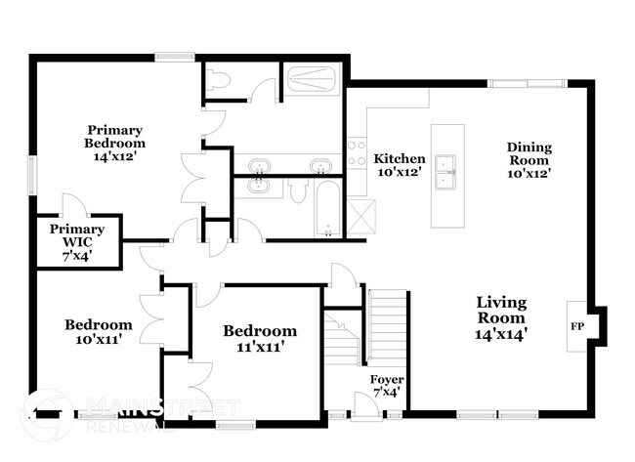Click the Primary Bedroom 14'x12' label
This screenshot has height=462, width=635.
click(114, 143)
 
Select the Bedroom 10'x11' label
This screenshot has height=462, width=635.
click(98, 332)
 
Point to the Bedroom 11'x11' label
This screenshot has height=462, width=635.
click(259, 338)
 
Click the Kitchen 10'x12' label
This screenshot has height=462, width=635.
click(401, 165)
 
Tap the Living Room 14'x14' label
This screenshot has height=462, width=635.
click(501, 317)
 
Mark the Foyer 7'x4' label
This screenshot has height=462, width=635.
click(386, 385)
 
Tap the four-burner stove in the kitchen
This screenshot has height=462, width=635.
click(357, 154)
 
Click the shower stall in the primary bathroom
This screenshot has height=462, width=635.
click(313, 78)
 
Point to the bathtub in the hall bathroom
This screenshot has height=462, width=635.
click(327, 207)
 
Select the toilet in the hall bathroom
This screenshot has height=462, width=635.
click(299, 190)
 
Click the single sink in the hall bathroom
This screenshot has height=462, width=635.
click(259, 185)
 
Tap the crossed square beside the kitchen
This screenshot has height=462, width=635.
click(360, 212)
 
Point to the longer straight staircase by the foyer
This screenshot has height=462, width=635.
click(384, 324)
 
